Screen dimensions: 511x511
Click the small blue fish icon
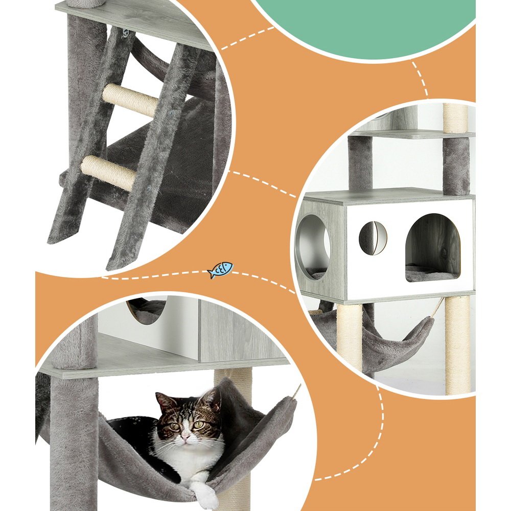click(220, 270)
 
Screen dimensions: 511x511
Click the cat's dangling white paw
click(206, 494)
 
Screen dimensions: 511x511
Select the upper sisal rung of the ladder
click(130, 100)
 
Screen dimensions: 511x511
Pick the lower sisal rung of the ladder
click(109, 173)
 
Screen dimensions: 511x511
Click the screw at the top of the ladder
click(125, 33)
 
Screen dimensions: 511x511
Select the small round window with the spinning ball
click(373, 238)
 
